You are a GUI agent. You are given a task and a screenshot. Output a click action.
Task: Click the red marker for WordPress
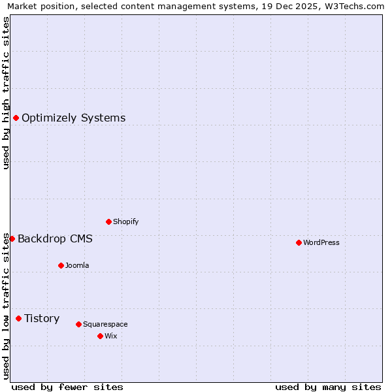coord(299,242)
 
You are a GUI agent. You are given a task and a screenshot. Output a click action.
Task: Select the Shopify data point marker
coord(108,221)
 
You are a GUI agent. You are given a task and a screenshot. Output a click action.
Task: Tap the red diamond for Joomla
coord(61,265)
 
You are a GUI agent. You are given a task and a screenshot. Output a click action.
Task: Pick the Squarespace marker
coord(78,324)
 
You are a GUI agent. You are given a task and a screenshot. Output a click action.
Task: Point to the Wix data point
coord(100,336)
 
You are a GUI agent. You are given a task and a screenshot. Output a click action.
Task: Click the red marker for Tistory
coord(18,318)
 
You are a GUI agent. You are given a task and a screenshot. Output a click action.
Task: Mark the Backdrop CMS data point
coord(12,238)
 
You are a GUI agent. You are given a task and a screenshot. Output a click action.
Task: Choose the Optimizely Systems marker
coord(16,118)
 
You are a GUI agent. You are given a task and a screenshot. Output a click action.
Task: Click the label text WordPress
coord(321,242)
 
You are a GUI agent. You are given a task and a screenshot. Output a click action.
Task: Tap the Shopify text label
coord(126,221)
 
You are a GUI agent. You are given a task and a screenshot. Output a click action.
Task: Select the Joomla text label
coord(77,265)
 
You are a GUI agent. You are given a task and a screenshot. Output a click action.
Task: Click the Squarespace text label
coord(105,324)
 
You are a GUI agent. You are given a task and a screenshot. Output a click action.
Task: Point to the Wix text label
coord(111,336)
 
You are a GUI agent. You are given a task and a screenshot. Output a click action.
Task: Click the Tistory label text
coord(42,318)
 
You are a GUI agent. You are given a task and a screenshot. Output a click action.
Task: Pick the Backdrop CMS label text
coord(55,238)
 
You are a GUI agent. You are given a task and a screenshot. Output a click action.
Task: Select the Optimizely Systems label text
coord(74,118)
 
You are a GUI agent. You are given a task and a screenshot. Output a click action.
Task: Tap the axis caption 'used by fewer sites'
coord(67,387)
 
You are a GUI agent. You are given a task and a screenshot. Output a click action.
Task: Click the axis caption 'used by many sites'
coord(328,387)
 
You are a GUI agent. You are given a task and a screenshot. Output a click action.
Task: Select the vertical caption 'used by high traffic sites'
coord(7,93)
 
